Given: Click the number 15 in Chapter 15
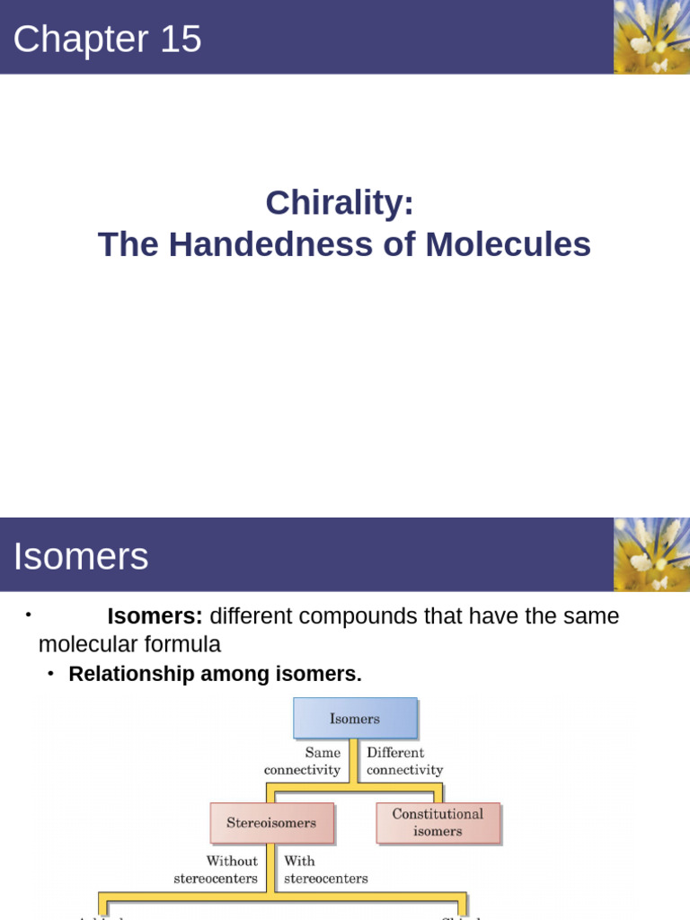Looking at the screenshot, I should [x=181, y=40].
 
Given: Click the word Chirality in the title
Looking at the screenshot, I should [x=340, y=203].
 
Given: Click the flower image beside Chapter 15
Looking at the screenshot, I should [x=651, y=37].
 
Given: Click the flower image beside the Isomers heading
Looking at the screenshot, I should [x=651, y=554].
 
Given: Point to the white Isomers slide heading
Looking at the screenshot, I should [x=80, y=557].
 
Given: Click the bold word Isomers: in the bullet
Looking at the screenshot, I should [x=155, y=616].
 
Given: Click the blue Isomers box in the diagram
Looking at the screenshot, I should [x=355, y=719].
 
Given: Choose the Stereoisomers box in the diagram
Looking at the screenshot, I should [x=271, y=823].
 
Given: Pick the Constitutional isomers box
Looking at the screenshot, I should [x=438, y=823].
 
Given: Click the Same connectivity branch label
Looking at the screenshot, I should [x=303, y=761].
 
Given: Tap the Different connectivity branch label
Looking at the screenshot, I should [x=404, y=761].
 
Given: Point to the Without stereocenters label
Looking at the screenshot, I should [x=216, y=870].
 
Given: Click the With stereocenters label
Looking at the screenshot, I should [x=325, y=870].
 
